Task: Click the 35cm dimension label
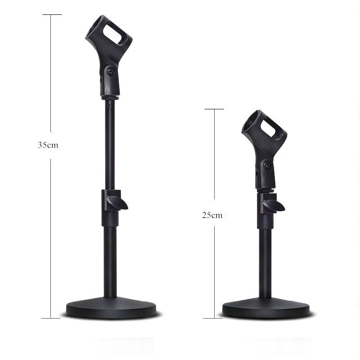pyautogui.click(x=49, y=145)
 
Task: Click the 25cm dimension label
pyautogui.click(x=212, y=215)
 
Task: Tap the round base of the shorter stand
pyautogui.click(x=266, y=308)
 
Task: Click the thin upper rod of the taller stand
pyautogui.click(x=109, y=144)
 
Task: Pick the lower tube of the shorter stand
pyautogui.click(x=266, y=261)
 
